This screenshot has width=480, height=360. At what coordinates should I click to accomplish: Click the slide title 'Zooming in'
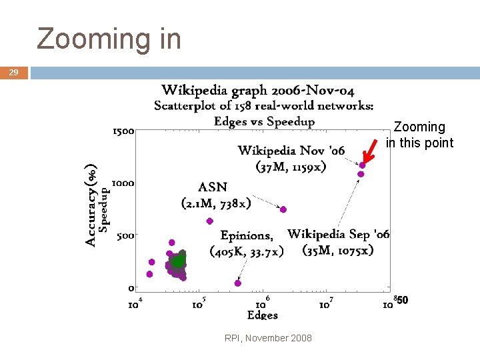(x=109, y=39)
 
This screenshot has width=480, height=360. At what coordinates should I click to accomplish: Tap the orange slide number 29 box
(x=14, y=73)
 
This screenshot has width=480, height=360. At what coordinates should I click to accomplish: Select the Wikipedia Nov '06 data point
(x=362, y=165)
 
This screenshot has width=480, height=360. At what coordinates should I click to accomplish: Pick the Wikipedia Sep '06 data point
(x=361, y=174)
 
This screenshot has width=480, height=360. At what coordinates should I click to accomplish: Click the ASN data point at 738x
(x=283, y=209)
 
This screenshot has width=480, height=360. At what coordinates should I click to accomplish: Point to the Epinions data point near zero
(x=238, y=283)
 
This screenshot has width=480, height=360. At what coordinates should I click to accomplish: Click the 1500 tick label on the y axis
(x=123, y=131)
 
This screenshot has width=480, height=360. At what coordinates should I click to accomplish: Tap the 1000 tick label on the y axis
(x=123, y=183)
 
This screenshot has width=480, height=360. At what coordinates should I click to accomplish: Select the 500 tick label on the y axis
(x=125, y=235)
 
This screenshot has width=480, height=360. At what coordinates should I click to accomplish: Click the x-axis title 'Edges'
(x=262, y=315)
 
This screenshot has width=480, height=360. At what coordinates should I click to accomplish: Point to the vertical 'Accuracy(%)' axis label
(x=91, y=205)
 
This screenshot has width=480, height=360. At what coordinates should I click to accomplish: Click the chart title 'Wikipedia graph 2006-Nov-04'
(x=258, y=91)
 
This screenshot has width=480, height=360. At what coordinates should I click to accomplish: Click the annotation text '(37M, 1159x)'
(x=291, y=166)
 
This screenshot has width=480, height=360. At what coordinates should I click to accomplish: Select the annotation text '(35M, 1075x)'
(x=338, y=250)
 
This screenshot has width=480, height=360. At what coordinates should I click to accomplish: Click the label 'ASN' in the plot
(x=213, y=187)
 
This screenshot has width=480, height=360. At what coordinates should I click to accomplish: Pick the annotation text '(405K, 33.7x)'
(x=247, y=251)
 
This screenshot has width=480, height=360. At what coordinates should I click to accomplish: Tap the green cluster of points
(x=177, y=260)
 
